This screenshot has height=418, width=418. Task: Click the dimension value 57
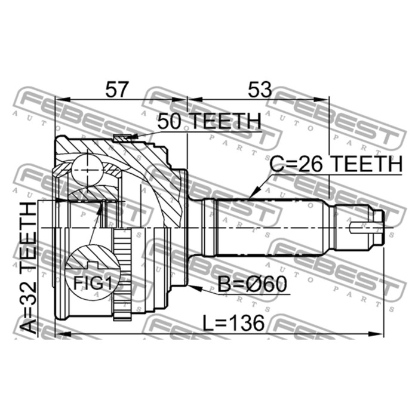(117, 90)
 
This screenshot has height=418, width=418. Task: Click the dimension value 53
(260, 90)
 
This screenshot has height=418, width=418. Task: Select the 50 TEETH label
(209, 121)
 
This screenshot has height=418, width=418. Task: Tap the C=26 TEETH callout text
(336, 164)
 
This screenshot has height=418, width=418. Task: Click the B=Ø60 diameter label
(252, 284)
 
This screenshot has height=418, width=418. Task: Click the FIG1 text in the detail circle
(93, 283)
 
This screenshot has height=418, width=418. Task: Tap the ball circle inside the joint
(87, 171)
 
